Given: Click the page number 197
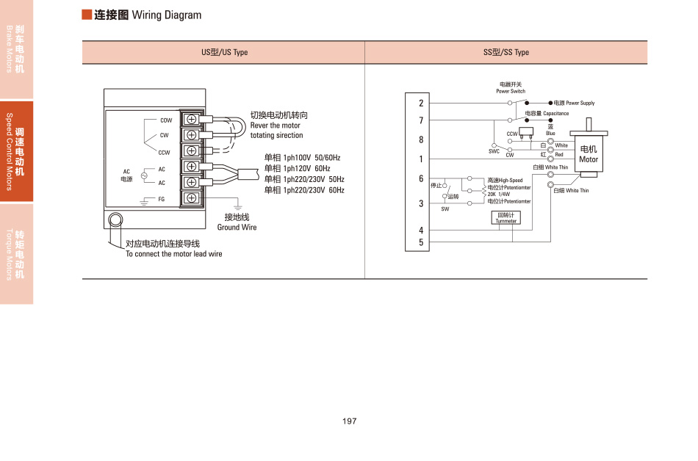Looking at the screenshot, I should click(349, 421).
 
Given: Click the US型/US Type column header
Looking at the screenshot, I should click(225, 53).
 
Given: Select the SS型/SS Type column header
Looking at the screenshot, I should click(506, 53).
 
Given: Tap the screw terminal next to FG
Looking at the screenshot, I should click(192, 198).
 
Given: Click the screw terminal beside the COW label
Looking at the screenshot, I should click(192, 119).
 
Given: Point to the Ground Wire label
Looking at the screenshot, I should click(237, 228).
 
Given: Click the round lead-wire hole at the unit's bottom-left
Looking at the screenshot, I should click(115, 219).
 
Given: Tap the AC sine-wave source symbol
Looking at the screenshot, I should click(143, 175).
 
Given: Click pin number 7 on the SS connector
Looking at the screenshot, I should click(421, 120).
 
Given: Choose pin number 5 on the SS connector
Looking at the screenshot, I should click(421, 242).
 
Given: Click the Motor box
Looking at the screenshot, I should click(589, 155).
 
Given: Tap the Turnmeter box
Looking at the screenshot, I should click(506, 218).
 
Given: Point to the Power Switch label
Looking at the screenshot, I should click(511, 92).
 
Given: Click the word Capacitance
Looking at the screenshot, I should click(556, 114).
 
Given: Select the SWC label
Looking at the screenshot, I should click(494, 152).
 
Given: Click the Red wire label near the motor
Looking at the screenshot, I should click(559, 155).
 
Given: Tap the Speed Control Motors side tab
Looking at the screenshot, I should click(16, 151).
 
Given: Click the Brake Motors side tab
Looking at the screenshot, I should click(16, 49).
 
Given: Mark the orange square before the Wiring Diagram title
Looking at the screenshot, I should click(87, 15).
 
